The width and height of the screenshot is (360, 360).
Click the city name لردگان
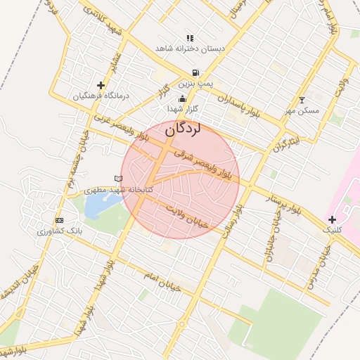pos(184,130)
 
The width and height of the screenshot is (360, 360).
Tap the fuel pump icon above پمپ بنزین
pos(195,72)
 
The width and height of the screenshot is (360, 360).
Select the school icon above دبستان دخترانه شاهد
pos(189,38)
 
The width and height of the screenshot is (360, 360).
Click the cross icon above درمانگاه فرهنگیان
pos(101,85)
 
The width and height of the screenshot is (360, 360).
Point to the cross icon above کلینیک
pos(332,219)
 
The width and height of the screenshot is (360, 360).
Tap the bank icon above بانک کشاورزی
pos(59,221)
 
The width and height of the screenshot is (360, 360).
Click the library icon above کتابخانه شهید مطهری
pos(117,179)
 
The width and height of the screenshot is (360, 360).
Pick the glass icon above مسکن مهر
pos(302,100)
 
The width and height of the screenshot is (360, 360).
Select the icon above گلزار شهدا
pos(183,99)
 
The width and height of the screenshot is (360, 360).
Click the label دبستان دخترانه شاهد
pos(189,49)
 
